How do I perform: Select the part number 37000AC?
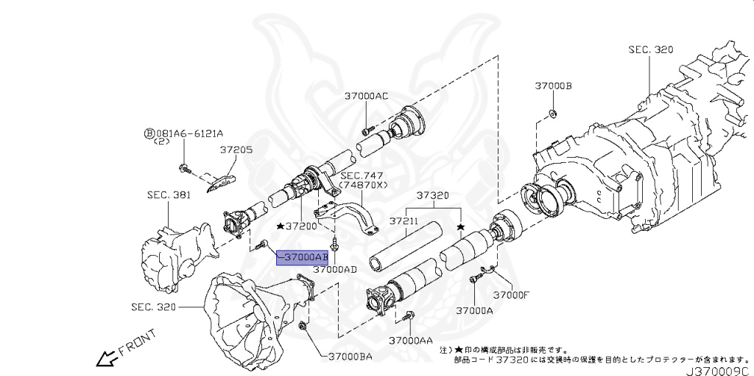coord(366,96)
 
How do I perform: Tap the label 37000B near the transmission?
coord(553,86)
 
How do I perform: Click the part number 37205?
coord(236,149)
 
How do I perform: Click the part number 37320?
coord(432,196)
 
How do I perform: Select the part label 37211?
coord(404,220)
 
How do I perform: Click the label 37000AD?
coord(334,270)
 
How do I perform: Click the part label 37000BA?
coord(345,356)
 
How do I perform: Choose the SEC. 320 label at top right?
coord(650,49)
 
